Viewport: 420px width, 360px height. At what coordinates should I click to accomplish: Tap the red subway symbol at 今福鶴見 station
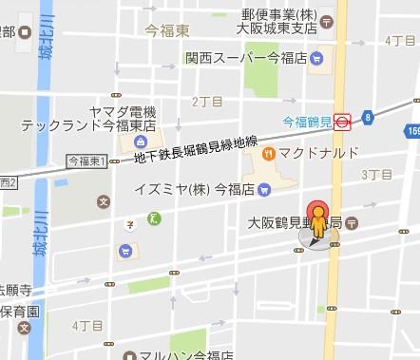[343, 122]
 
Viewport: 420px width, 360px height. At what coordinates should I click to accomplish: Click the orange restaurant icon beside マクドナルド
[269, 153]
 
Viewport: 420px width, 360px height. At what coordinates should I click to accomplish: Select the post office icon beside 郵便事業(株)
[327, 19]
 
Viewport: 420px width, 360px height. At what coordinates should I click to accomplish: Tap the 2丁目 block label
[206, 100]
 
